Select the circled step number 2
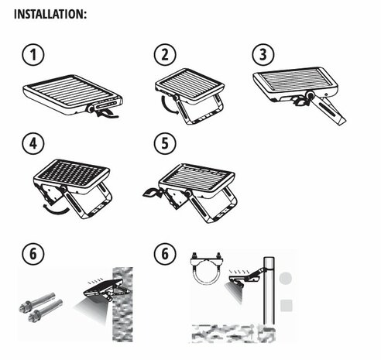click(164, 56)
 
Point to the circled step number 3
click(263, 56)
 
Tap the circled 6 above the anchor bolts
click(31, 255)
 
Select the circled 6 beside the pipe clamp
click(164, 255)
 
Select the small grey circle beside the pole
click(287, 277)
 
